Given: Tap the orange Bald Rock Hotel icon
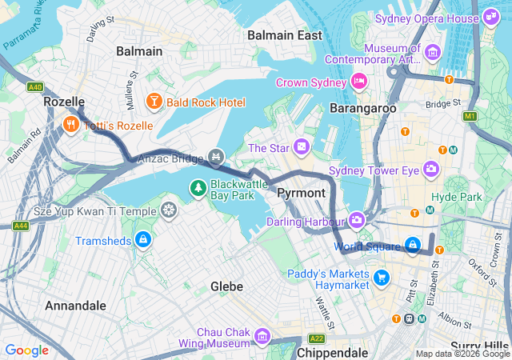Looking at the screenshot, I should [x=153, y=102].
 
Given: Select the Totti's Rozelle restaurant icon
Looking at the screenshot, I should [x=70, y=124].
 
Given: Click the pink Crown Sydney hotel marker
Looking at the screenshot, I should [x=359, y=81].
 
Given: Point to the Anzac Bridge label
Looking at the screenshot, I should [x=170, y=158].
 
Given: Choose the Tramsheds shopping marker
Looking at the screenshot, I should [x=142, y=239].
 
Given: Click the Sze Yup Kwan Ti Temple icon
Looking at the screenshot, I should [x=169, y=210].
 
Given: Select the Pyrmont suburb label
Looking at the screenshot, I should [x=301, y=194].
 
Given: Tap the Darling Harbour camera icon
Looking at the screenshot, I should [x=357, y=220].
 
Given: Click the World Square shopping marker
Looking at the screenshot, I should [x=412, y=245].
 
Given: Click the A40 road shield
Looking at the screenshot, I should [x=34, y=86].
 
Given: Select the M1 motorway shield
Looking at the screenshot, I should [x=470, y=117].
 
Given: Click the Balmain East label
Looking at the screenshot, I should [x=285, y=35].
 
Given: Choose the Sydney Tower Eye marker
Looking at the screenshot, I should [x=431, y=169].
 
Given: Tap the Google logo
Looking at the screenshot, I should [x=26, y=350].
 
